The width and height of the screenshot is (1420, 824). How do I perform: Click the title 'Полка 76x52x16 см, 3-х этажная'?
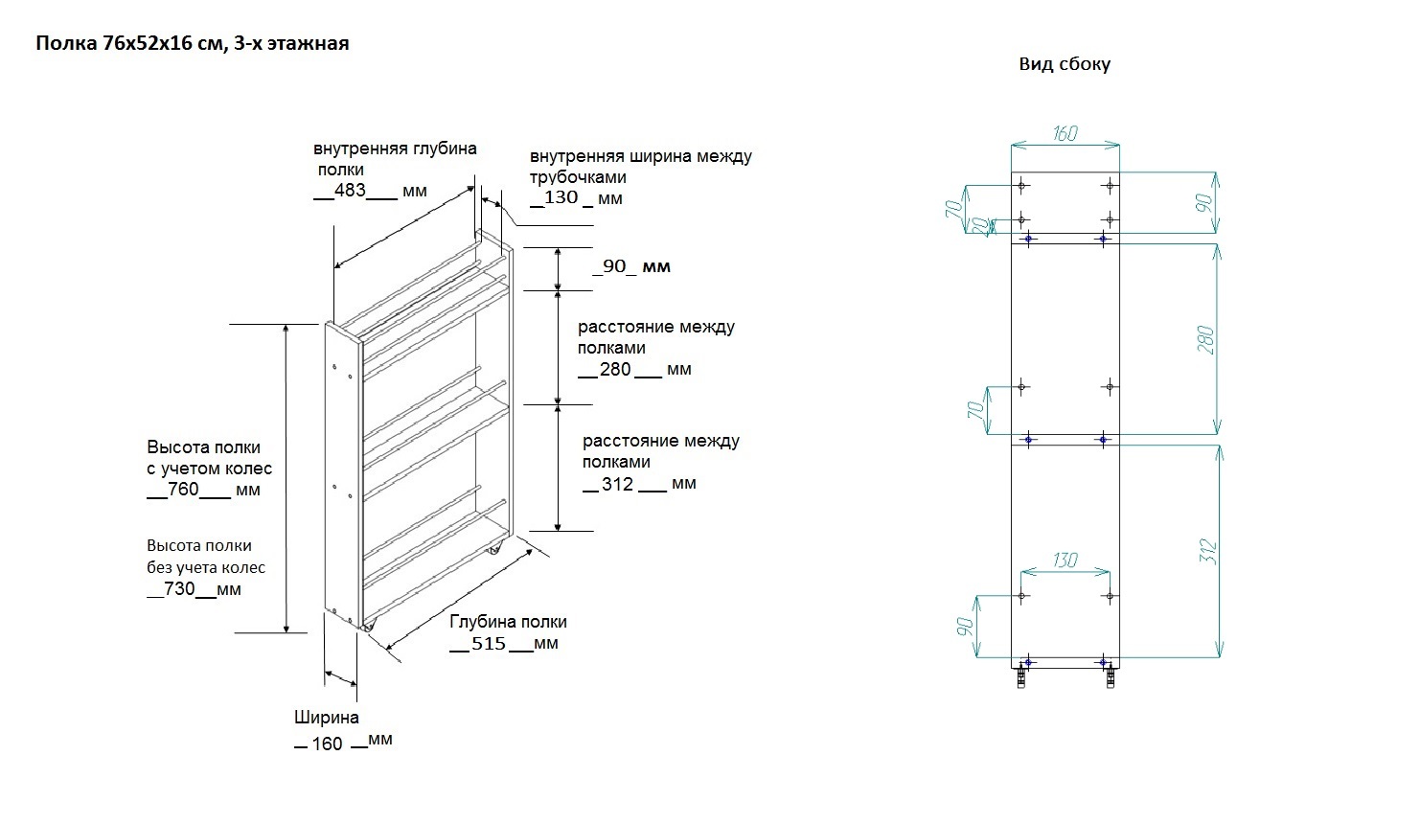pyautogui.click(x=192, y=43)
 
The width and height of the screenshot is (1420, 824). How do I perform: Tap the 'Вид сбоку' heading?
pyautogui.click(x=1065, y=64)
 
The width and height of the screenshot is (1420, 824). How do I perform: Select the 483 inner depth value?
pyautogui.click(x=350, y=191)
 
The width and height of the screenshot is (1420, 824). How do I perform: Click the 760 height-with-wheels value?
pyautogui.click(x=184, y=490)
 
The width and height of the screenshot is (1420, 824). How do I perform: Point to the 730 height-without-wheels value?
pyautogui.click(x=180, y=589)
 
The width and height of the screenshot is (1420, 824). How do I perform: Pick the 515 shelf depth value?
pyautogui.click(x=489, y=644)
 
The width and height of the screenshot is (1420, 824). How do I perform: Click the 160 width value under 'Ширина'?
pyautogui.click(x=327, y=744)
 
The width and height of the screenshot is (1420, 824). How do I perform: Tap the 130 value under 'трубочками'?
pyautogui.click(x=561, y=197)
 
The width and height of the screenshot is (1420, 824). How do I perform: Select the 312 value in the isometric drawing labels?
pyautogui.click(x=618, y=484)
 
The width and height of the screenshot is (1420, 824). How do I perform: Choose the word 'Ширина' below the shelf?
pyautogui.click(x=327, y=718)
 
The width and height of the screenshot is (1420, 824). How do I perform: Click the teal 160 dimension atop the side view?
pyautogui.click(x=1065, y=133)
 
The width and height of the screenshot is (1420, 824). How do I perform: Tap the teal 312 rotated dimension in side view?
pyautogui.click(x=1208, y=550)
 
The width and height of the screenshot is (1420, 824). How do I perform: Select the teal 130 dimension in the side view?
pyautogui.click(x=1065, y=560)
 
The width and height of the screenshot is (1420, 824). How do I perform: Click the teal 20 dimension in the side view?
pyautogui.click(x=979, y=225)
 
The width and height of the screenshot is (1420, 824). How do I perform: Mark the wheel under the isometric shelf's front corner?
pyautogui.click(x=369, y=627)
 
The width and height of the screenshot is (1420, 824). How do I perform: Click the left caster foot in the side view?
pyautogui.click(x=1021, y=677)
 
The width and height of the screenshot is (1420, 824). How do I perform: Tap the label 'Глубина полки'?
pyautogui.click(x=508, y=622)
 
